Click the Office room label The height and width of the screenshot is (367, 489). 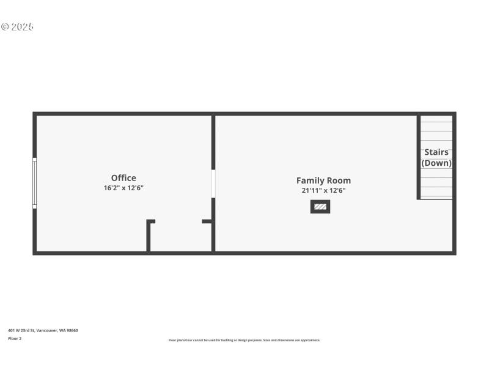123,178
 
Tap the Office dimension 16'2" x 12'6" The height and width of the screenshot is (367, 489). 123,188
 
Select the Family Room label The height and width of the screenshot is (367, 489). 323,180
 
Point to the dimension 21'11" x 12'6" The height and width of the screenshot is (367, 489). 323,190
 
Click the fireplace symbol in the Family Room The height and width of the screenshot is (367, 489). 320,207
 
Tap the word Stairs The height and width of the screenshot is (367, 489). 436,152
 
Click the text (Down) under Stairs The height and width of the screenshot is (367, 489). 436,163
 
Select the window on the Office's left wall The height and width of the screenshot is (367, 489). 34,183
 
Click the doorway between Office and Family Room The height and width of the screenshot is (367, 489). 213,183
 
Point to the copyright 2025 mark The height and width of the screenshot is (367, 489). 17,27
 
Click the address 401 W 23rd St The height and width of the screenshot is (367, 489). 21,330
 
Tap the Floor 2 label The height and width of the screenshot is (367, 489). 15,338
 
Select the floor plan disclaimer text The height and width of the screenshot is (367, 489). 244,340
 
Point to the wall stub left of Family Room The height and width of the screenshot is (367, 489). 207,221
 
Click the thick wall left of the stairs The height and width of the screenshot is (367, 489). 419,157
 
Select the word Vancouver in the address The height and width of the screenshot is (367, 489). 47,330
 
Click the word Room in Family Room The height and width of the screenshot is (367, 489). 339,180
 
